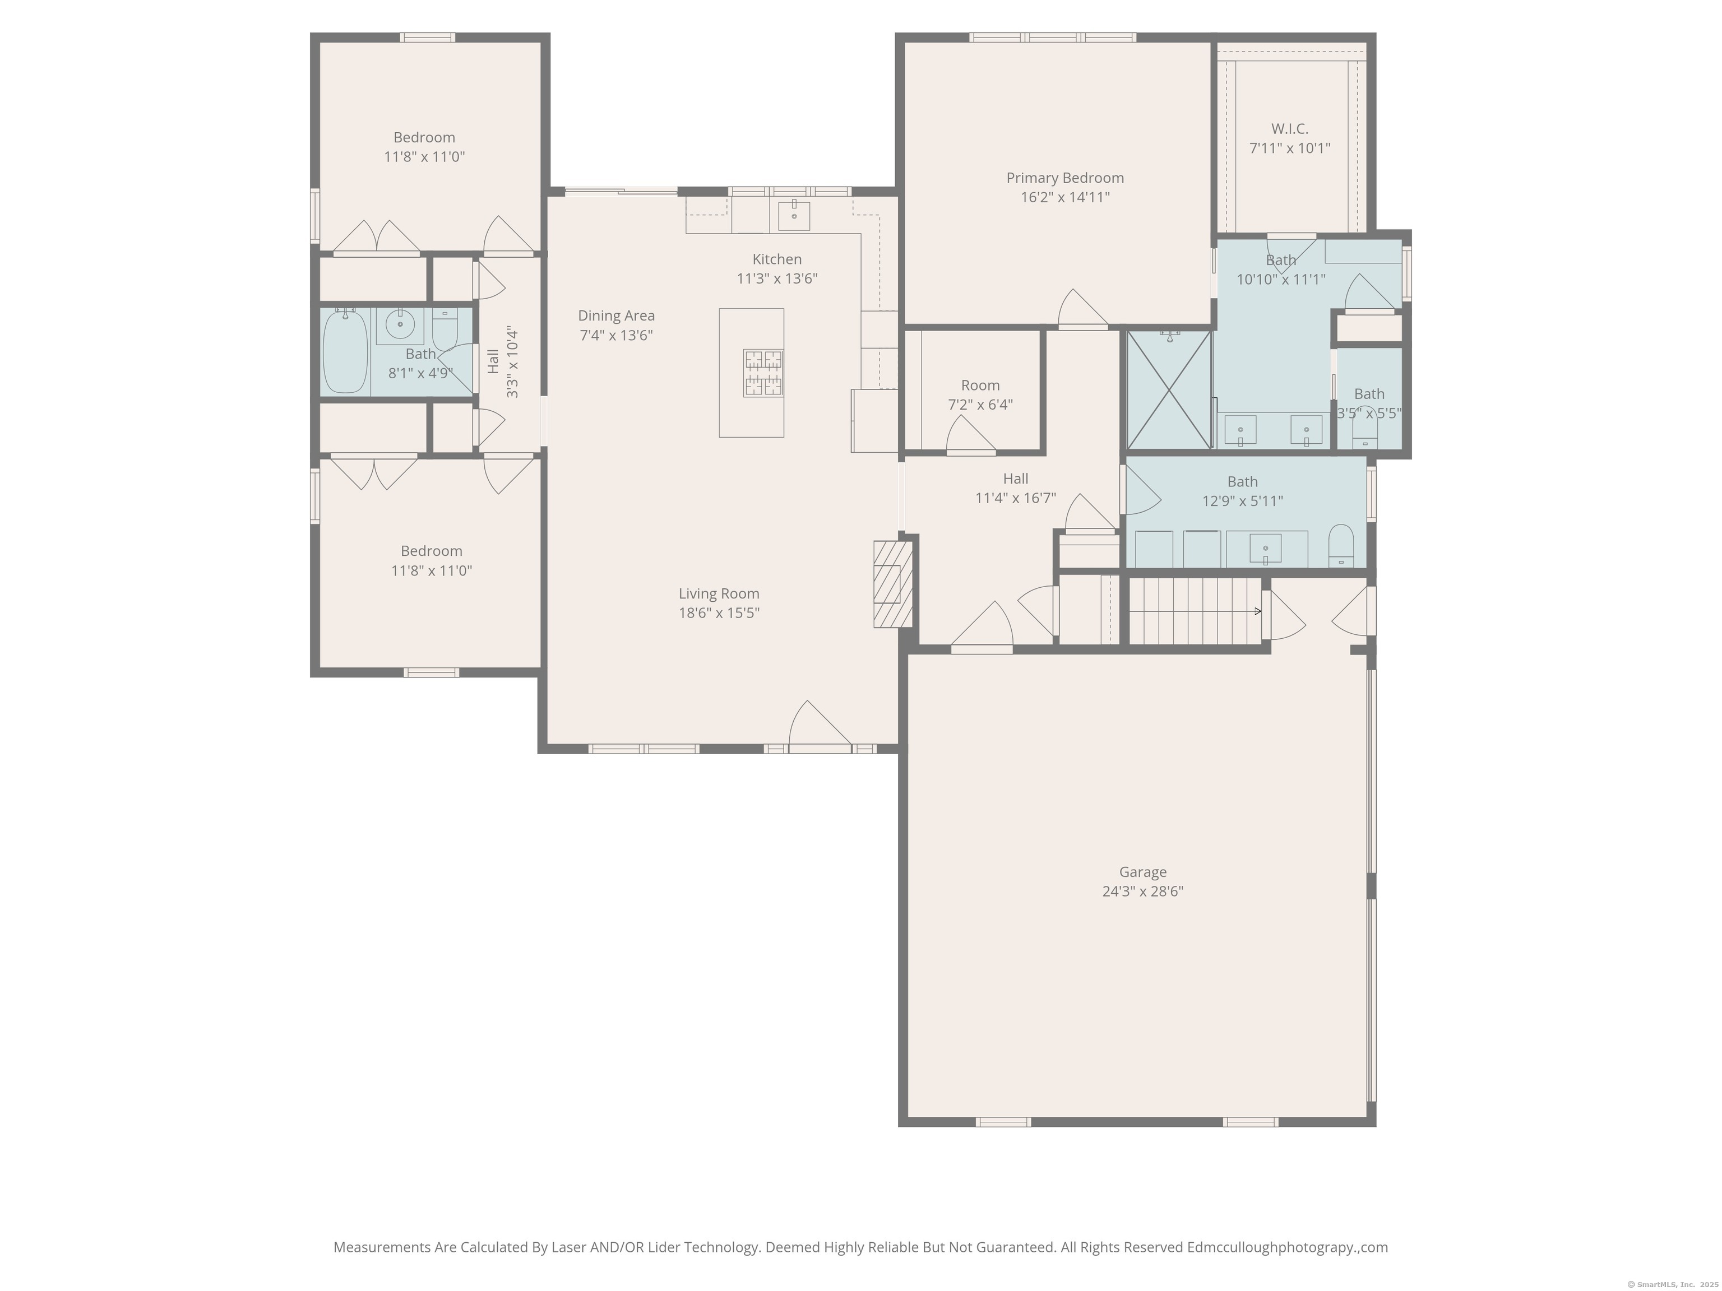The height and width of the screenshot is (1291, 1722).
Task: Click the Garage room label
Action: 1143,872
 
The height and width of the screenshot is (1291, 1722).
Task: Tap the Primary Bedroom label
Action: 1065,178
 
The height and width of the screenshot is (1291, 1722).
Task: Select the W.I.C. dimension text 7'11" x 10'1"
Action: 1290,148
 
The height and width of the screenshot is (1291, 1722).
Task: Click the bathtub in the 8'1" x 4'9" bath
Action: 345,352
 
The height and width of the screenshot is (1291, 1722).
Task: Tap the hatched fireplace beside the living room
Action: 892,584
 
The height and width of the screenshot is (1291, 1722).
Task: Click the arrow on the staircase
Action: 1195,611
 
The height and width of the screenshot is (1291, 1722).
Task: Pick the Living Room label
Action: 719,594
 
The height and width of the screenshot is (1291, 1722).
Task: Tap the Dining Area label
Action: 616,316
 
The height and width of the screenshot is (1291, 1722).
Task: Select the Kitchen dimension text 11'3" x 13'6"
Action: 777,278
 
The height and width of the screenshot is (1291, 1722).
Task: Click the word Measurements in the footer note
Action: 382,1247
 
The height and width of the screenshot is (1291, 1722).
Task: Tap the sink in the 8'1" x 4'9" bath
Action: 400,324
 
